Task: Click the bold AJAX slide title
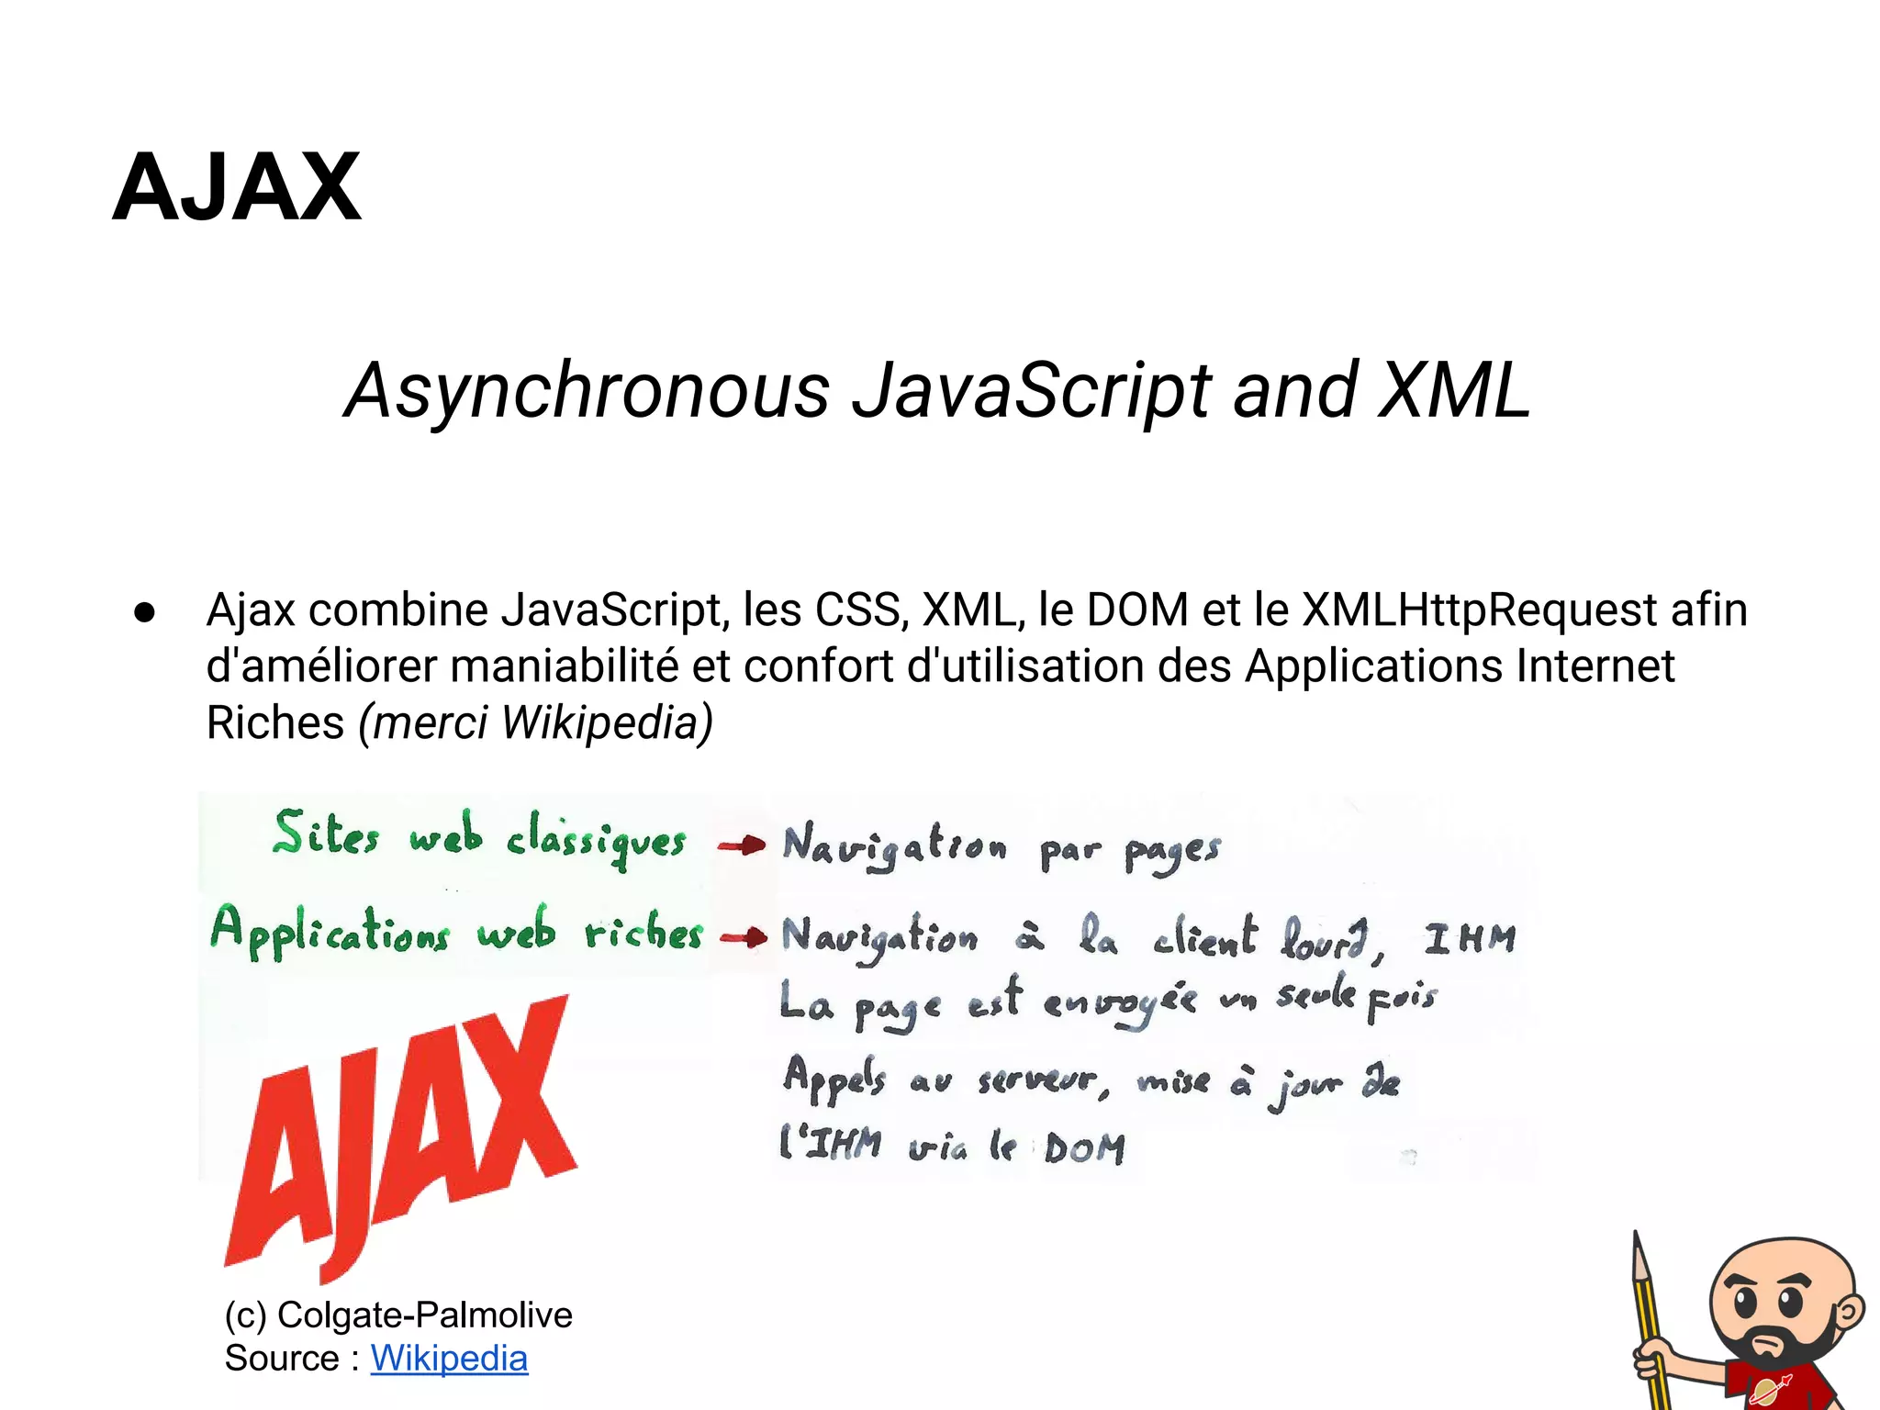(x=237, y=188)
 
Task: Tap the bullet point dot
(x=144, y=612)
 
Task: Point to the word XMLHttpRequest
(x=1479, y=610)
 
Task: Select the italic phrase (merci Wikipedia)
(x=535, y=722)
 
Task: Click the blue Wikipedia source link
(x=449, y=1359)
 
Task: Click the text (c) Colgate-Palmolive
(x=398, y=1315)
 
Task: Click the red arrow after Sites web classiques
(x=742, y=845)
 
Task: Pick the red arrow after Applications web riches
(x=744, y=937)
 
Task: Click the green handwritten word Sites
(x=326, y=834)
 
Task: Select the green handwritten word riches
(x=643, y=934)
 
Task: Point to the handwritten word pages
(x=1172, y=852)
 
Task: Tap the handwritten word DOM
(x=1084, y=1148)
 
